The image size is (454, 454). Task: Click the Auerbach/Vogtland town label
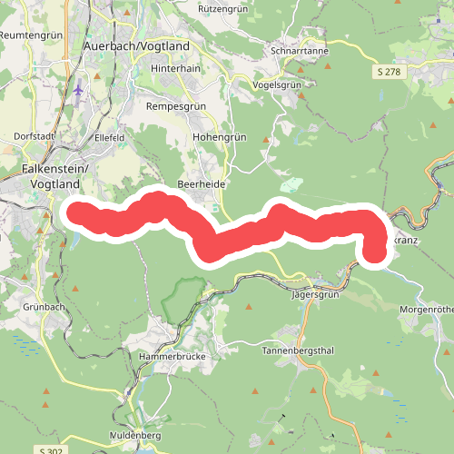pos(135,45)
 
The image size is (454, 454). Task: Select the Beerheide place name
pos(201,183)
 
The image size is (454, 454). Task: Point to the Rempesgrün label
pos(177,105)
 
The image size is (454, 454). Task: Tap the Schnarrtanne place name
pos(300,51)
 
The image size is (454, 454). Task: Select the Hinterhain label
pos(175,67)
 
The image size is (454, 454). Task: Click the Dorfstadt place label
pos(35,137)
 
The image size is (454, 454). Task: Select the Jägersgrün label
pos(315,295)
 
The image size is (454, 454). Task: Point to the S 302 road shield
pos(52,449)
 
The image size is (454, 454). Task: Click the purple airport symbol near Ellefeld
pos(79,90)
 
